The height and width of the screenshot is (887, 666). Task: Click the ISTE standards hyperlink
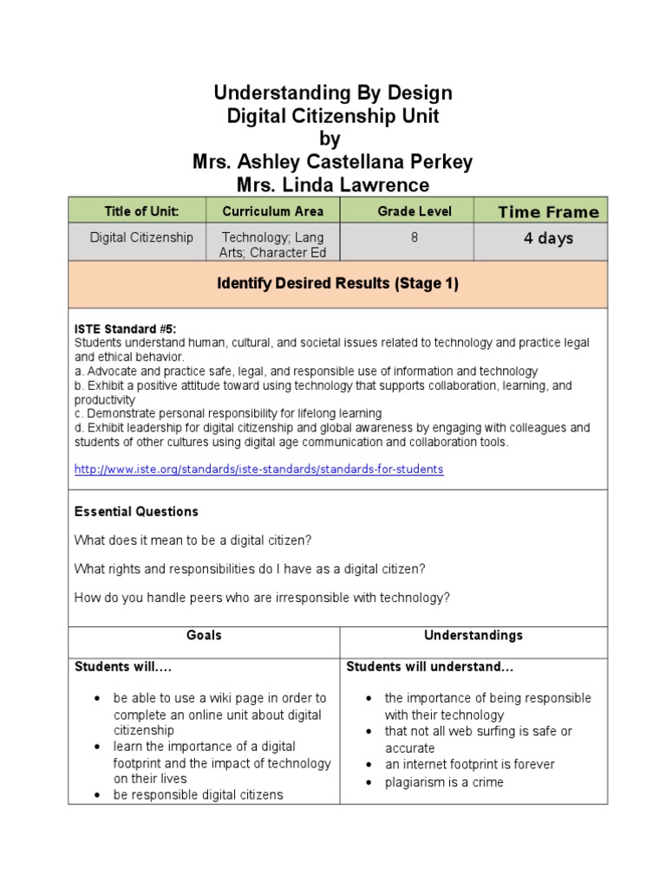click(x=258, y=469)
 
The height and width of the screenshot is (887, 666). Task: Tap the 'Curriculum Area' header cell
click(x=272, y=211)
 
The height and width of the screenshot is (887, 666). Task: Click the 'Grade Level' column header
click(x=414, y=211)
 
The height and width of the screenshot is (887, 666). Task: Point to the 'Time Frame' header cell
click(x=548, y=212)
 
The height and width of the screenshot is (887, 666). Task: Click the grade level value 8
click(x=414, y=237)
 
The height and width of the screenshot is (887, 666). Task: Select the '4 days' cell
click(x=548, y=238)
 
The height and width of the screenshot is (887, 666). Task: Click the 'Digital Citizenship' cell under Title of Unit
click(x=141, y=237)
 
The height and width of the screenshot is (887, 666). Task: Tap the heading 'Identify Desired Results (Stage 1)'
click(x=337, y=283)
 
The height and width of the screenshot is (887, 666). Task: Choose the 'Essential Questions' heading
click(x=136, y=511)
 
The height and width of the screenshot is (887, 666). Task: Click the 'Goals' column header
click(x=204, y=635)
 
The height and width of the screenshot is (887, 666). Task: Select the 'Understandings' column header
click(x=473, y=635)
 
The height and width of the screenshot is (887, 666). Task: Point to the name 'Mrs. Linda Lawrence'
click(x=332, y=185)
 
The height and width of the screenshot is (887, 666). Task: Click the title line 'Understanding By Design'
click(x=332, y=93)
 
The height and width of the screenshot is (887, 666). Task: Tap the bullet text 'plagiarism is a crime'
click(x=444, y=782)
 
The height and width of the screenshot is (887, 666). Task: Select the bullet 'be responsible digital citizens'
click(x=198, y=794)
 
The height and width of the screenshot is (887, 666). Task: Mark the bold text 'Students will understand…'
click(x=430, y=666)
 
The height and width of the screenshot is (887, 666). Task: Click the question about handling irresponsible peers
click(x=262, y=597)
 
